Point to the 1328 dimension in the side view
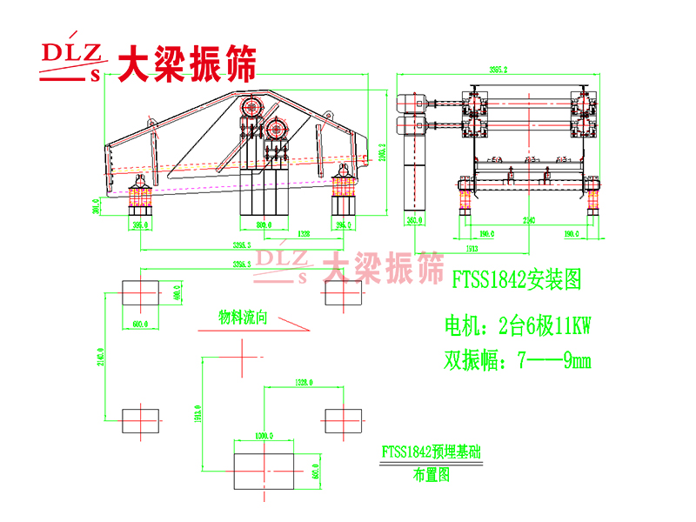303,234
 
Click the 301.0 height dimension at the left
97,206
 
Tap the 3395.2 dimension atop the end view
498,70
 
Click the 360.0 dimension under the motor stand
414,221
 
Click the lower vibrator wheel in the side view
278,129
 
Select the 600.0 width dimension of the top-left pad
139,324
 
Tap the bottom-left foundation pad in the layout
139,421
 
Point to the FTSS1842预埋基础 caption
432,452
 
